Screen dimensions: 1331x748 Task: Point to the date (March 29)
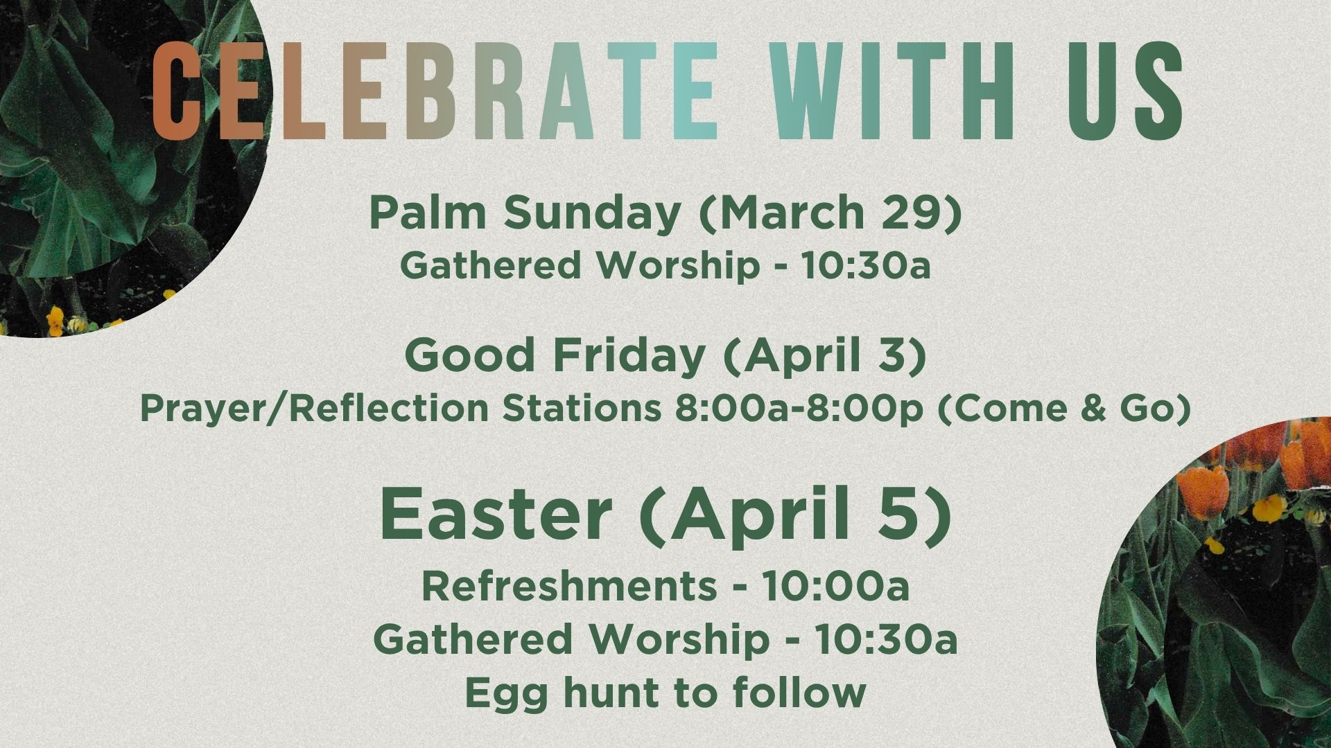tap(830, 214)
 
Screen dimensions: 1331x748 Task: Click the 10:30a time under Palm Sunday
tap(866, 266)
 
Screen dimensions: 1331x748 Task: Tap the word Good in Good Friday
tap(469, 355)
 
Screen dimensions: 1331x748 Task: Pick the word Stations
tap(582, 409)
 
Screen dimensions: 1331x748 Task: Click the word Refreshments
tap(569, 587)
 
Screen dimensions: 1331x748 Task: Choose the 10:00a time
tap(835, 587)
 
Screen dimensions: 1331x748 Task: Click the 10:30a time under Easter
tap(885, 639)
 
